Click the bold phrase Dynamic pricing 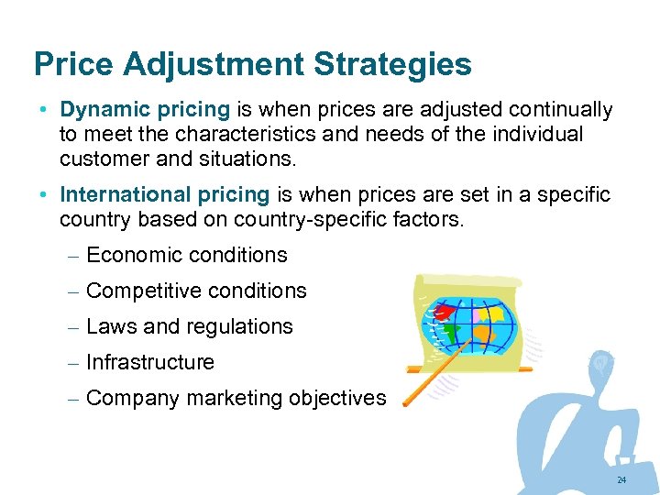145,110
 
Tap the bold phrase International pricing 165,194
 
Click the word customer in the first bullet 101,158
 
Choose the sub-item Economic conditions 186,255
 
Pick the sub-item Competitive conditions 196,291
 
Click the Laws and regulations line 189,326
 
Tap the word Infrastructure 149,362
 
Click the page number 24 621,480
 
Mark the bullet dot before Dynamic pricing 44,110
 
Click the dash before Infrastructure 75,363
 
